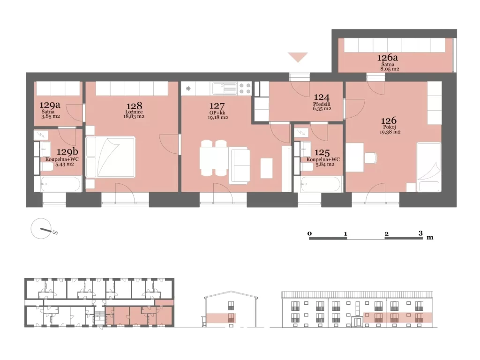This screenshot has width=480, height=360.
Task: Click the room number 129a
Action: pyautogui.click(x=50, y=105)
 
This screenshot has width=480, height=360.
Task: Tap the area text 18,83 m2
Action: pyautogui.click(x=134, y=117)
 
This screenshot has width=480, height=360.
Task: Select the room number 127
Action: pyautogui.click(x=217, y=106)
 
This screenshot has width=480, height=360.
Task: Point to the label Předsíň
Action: pyautogui.click(x=322, y=104)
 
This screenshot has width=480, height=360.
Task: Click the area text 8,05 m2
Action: pyautogui.click(x=390, y=69)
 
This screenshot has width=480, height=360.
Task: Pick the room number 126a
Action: pyautogui.click(x=387, y=58)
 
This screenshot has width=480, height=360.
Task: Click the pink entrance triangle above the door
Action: pyautogui.click(x=298, y=57)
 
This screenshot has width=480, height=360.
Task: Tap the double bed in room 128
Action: pyautogui.click(x=111, y=157)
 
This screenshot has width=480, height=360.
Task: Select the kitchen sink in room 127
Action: pyautogui.click(x=225, y=89)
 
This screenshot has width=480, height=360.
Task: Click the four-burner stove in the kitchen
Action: pyautogui.click(x=245, y=89)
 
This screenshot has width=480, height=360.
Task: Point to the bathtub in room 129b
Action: pyautogui.click(x=58, y=184)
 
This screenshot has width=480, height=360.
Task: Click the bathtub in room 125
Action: pyautogui.click(x=321, y=184)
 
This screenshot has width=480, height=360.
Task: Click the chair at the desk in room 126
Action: pyautogui.click(x=371, y=158)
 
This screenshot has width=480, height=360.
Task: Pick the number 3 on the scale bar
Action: pyautogui.click(x=420, y=233)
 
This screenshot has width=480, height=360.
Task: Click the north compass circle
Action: pyautogui.click(x=41, y=228)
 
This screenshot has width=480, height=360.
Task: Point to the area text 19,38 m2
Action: pyautogui.click(x=390, y=132)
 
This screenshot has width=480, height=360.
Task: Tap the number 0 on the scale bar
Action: pyautogui.click(x=309, y=233)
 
